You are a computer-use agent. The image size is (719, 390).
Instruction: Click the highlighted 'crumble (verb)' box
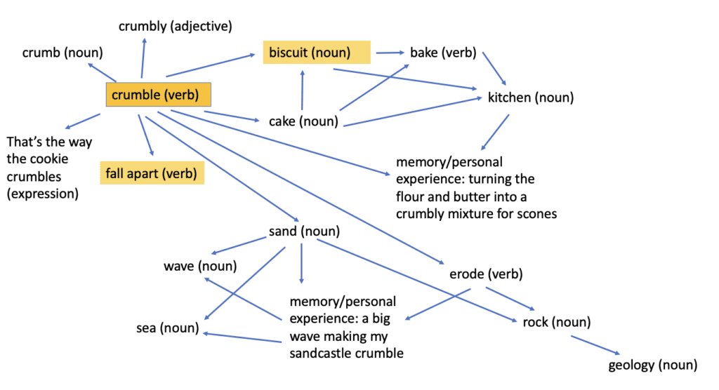pos(158,95)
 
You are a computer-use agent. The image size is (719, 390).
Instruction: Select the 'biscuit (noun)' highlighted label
pos(317,52)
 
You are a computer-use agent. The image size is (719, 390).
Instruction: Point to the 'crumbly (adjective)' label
pos(175,27)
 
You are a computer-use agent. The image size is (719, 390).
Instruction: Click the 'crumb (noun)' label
pos(62,53)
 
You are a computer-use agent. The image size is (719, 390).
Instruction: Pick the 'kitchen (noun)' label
pos(530,97)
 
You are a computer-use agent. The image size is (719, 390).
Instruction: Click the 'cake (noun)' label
pos(303,121)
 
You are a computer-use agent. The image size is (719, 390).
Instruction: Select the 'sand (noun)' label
pos(304,231)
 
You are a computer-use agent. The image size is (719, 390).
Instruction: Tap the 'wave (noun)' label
pos(200,266)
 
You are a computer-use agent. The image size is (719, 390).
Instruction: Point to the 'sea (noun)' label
pos(168,328)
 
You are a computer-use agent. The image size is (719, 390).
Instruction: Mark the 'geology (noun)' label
pos(652,365)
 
